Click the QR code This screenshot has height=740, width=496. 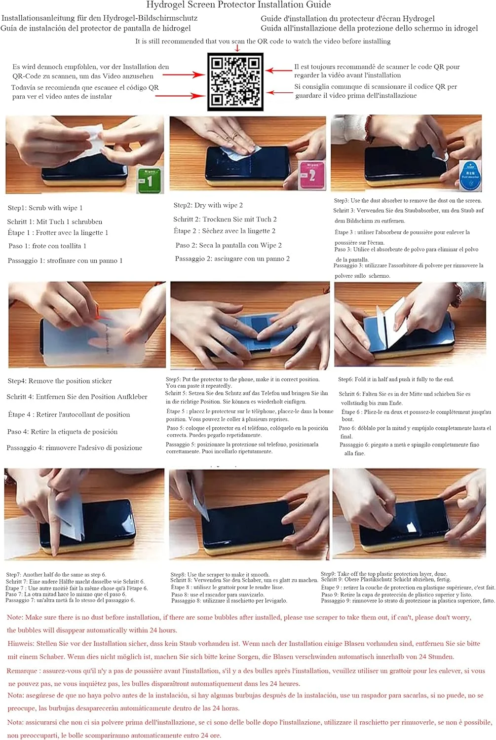click(235, 81)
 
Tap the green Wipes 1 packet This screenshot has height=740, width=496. click(150, 180)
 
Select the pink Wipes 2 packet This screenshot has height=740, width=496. click(311, 176)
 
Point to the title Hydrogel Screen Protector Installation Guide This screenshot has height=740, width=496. click(238, 4)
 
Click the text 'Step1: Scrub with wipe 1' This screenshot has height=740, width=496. click(45, 208)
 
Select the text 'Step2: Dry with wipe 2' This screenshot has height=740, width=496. click(208, 205)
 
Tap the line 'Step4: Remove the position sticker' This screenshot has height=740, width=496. click(60, 381)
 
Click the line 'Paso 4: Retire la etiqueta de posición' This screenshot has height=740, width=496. click(63, 432)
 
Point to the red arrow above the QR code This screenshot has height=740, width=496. click(237, 48)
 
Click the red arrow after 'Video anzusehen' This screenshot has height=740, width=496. click(184, 75)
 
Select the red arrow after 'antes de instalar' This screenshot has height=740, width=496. click(181, 96)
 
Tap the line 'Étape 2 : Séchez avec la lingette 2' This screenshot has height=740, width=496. click(225, 231)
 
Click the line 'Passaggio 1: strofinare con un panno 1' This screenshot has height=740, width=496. click(65, 260)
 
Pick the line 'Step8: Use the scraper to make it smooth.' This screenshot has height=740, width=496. click(220, 575)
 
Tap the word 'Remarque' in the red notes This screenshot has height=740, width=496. click(22, 671)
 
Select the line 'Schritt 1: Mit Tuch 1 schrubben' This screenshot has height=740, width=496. click(55, 222)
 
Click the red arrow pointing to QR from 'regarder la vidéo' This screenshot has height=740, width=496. click(279, 71)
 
